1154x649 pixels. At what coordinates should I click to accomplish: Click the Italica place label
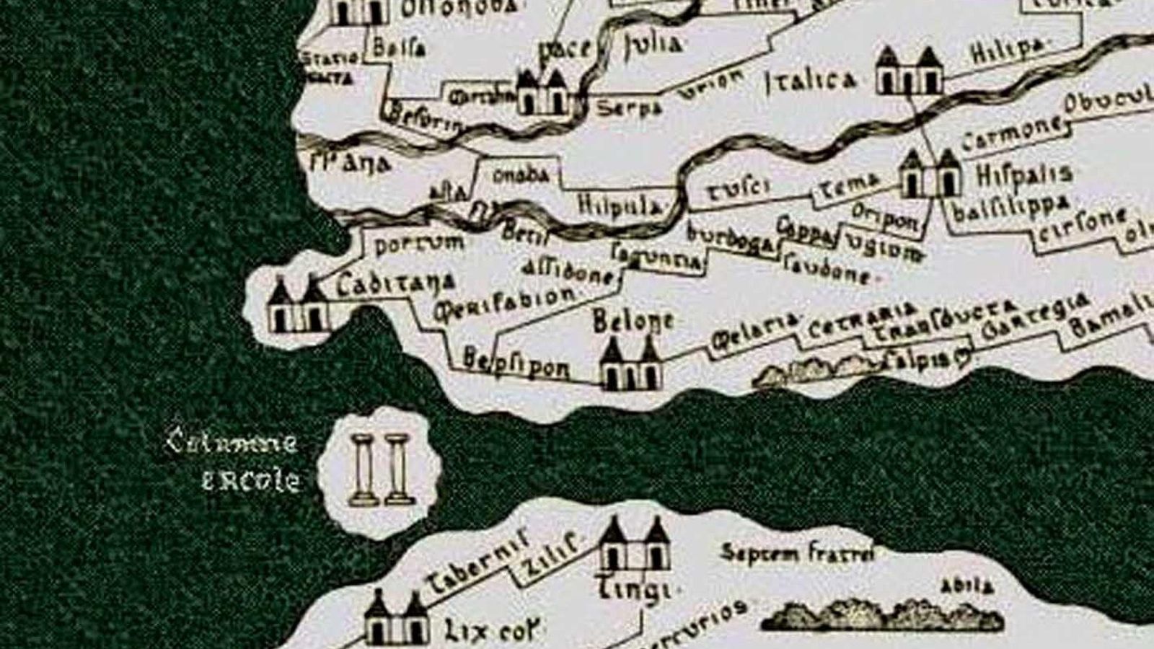click(809, 81)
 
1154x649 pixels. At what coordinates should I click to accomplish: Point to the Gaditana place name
click(396, 283)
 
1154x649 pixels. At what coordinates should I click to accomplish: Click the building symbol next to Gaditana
click(298, 304)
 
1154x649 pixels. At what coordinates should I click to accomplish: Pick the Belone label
click(633, 321)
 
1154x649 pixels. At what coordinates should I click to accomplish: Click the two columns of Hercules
click(379, 469)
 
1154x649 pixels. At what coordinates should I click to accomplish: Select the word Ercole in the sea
click(250, 481)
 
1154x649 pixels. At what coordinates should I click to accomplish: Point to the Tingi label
click(635, 590)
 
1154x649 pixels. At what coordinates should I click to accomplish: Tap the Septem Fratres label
click(797, 553)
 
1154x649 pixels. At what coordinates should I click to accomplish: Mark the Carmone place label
click(1012, 133)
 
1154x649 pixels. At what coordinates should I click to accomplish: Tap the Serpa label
click(629, 108)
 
